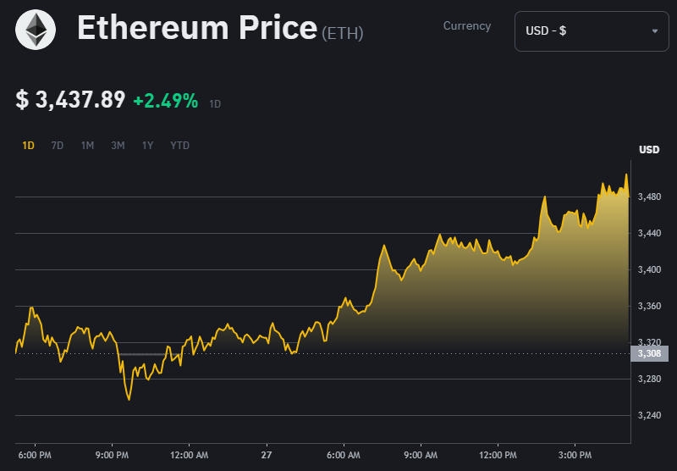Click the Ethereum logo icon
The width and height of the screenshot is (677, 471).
(x=36, y=30)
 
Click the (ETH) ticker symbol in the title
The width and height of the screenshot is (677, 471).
(x=343, y=34)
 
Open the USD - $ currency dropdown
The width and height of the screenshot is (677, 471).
(x=591, y=31)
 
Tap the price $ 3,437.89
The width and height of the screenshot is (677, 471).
(x=71, y=100)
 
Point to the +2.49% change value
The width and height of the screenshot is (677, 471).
(x=165, y=101)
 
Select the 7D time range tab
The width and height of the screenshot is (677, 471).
(x=58, y=146)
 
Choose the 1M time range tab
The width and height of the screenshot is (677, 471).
(x=87, y=146)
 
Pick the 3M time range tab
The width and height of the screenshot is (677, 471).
(x=118, y=146)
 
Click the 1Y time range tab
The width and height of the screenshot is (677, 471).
(x=147, y=146)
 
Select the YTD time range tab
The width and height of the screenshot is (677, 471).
(x=179, y=146)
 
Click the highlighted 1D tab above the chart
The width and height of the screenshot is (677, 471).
(x=28, y=146)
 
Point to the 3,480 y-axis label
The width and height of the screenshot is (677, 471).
(x=649, y=197)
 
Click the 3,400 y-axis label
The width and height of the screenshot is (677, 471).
(x=649, y=269)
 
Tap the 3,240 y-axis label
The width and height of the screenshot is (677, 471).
(x=649, y=415)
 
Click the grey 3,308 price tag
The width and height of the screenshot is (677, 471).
(x=649, y=353)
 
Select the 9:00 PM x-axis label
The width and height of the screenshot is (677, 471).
(x=112, y=456)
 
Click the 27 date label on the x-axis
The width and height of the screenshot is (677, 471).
(x=267, y=456)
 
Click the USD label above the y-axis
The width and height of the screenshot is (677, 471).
(x=649, y=150)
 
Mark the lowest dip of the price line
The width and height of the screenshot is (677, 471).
(x=129, y=399)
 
